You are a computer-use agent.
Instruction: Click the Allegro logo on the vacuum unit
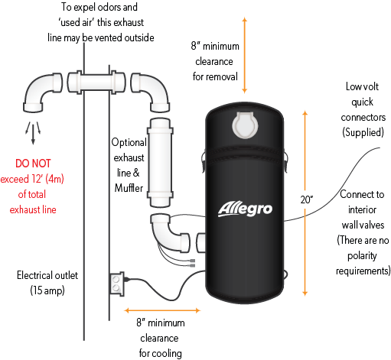pyautogui.click(x=245, y=209)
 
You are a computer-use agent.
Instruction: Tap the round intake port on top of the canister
pyautogui.click(x=245, y=125)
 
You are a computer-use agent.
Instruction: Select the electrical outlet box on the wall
pyautogui.click(x=117, y=284)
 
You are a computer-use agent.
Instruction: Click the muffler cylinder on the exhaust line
pyautogui.click(x=160, y=162)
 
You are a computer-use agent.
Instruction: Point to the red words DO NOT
pyautogui.click(x=33, y=164)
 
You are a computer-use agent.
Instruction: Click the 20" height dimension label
pyautogui.click(x=307, y=199)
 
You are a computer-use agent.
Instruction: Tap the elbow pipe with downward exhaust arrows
pyautogui.click(x=42, y=92)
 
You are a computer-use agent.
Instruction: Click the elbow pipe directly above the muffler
pyautogui.click(x=151, y=92)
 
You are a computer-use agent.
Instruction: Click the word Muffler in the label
pyautogui.click(x=129, y=188)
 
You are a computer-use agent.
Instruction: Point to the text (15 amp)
pyautogui.click(x=47, y=290)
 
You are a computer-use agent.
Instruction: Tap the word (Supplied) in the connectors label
pyautogui.click(x=363, y=132)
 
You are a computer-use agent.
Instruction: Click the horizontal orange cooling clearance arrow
pyautogui.click(x=162, y=310)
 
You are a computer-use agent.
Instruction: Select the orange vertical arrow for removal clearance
pyautogui.click(x=245, y=55)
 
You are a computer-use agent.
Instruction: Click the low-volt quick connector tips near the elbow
pyautogui.click(x=191, y=263)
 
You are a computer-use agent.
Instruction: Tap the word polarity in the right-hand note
pyautogui.click(x=362, y=256)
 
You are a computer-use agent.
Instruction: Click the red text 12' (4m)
pyautogui.click(x=47, y=179)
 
